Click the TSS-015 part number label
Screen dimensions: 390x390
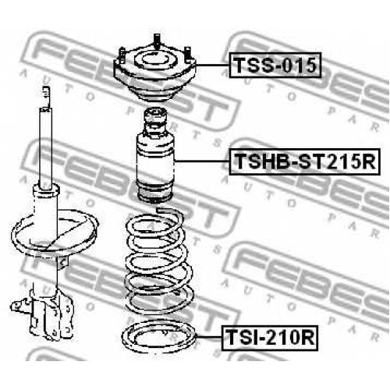tap(275, 65)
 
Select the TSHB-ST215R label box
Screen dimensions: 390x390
tap(304, 161)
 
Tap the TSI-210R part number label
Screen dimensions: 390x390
tap(270, 338)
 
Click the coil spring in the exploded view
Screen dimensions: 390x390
tap(159, 263)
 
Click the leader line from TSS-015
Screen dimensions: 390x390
tap(212, 65)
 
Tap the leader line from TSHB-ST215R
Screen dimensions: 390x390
tap(202, 161)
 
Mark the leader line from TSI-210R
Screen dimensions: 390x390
tap(209, 338)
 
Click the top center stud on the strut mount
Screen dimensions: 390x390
tap(157, 41)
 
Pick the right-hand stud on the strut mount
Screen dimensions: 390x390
tap(187, 54)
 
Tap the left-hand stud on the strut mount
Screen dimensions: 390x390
tap(122, 55)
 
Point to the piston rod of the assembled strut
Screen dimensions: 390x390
tap(46, 148)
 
